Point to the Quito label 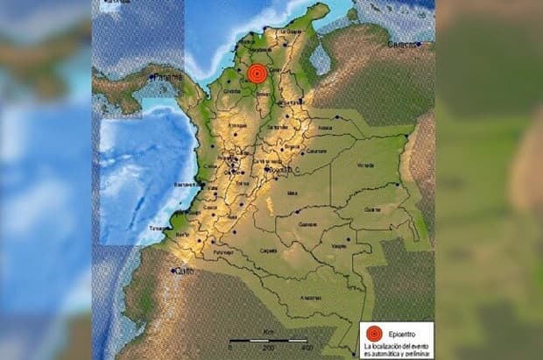pos(182,272)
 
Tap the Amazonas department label pos(311,299)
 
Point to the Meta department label pos(293,194)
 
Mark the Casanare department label pos(317,151)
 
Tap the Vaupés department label pos(339,248)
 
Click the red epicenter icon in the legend pos(373,333)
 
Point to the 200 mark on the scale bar pos(268,348)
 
